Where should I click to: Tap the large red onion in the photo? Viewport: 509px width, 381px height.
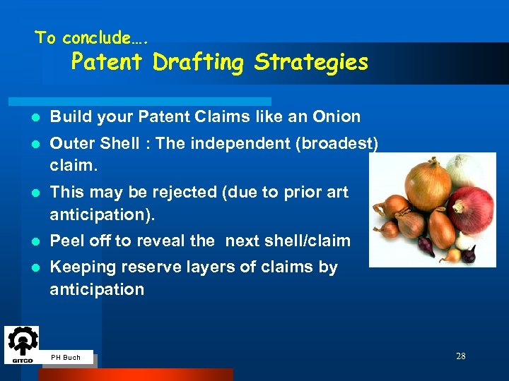(x=470, y=210)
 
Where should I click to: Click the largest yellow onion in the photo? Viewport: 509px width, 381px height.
(x=428, y=185)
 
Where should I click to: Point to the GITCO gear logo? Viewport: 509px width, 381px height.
(x=21, y=344)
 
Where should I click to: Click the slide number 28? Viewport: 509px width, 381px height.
(x=460, y=356)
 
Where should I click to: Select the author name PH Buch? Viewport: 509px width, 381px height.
(x=66, y=358)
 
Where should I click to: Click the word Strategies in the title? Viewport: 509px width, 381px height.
(x=311, y=62)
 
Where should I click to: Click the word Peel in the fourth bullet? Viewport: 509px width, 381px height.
(x=67, y=241)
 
